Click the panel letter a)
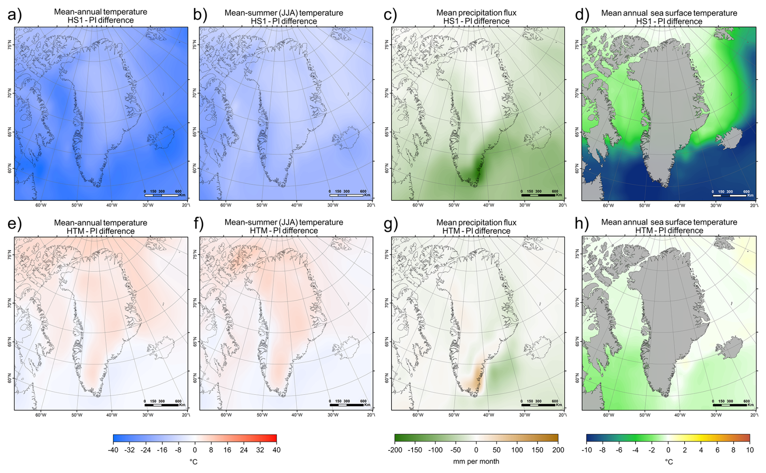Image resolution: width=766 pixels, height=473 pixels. click(14, 15)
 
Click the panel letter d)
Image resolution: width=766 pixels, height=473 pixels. click(582, 15)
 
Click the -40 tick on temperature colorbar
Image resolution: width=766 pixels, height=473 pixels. click(113, 450)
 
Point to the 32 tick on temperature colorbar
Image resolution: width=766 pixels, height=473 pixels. click(260, 450)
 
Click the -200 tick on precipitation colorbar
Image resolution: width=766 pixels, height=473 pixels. click(395, 450)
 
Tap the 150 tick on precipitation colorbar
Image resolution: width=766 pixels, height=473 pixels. click(537, 450)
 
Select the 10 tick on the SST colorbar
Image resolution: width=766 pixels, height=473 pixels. click(749, 450)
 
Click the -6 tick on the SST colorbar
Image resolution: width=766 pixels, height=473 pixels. click(619, 450)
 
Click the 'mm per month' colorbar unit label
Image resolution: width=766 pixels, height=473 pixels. click(476, 461)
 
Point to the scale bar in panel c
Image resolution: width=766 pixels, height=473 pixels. click(538, 195)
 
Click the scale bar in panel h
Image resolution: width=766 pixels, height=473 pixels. click(730, 405)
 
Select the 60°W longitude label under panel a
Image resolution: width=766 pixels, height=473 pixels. click(40, 205)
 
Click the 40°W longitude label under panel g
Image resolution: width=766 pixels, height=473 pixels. click(488, 415)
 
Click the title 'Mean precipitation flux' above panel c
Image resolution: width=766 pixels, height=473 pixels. click(476, 13)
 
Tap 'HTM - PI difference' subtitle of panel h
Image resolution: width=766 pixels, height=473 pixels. click(669, 231)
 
